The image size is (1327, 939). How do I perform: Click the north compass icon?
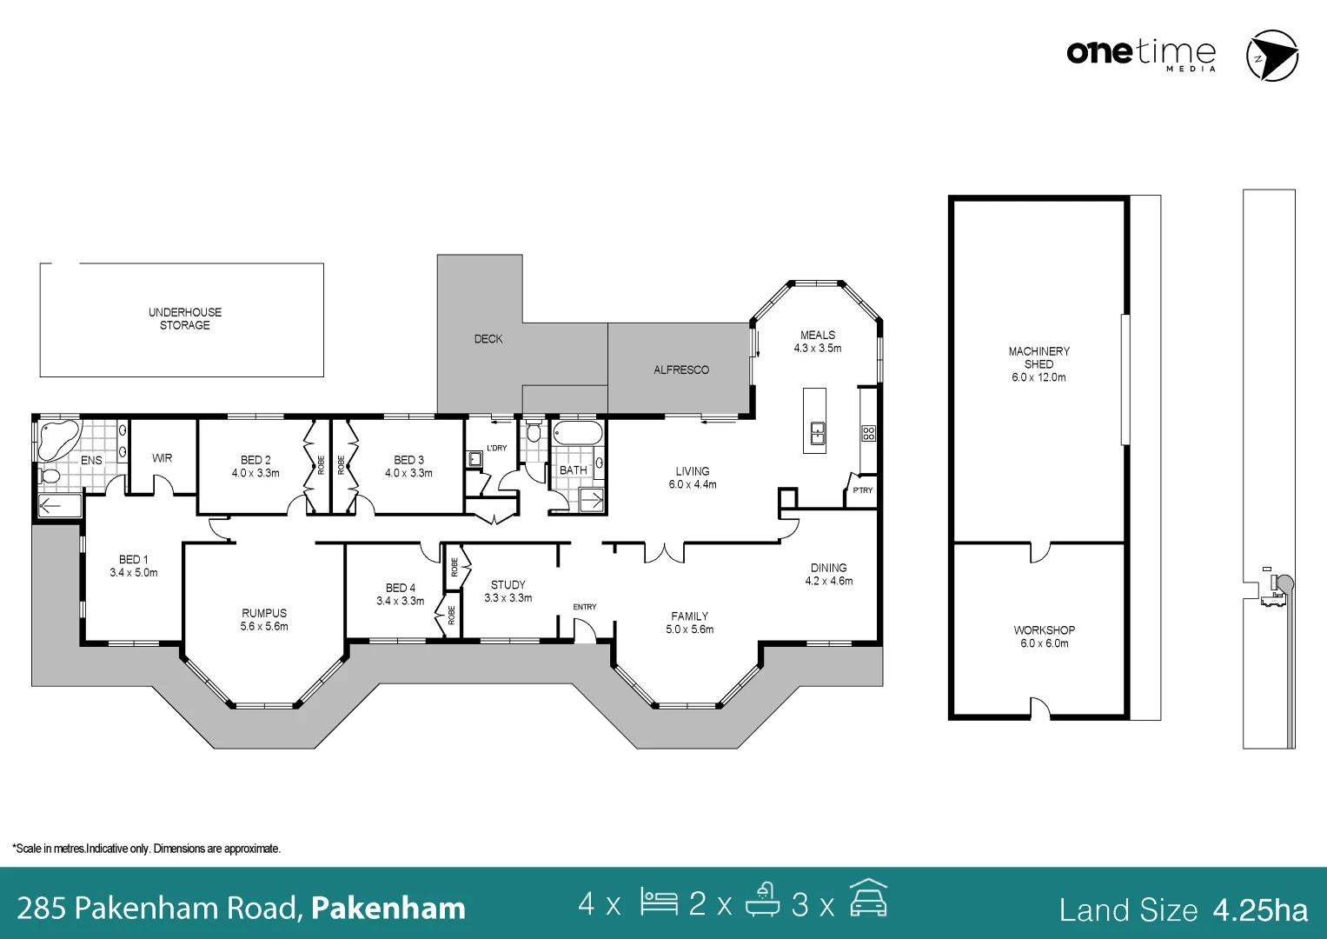[x=1271, y=56]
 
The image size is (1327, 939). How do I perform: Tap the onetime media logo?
[x=1141, y=54]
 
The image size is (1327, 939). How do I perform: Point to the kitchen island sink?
[x=817, y=432]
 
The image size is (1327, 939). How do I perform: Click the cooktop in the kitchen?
[x=868, y=433]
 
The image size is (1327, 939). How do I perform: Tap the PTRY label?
[x=862, y=490]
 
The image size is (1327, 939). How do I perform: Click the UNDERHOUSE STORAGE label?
[x=184, y=318]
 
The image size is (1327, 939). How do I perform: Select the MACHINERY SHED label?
[x=1038, y=357]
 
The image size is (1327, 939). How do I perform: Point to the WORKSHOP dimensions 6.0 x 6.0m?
[x=1044, y=643]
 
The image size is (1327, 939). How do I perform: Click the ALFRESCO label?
[x=680, y=370]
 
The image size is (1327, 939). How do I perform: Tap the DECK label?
[x=488, y=339]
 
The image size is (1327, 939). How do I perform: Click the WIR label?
[x=162, y=458]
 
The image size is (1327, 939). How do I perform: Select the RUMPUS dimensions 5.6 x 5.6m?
[x=264, y=626]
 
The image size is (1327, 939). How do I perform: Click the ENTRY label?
[x=584, y=607]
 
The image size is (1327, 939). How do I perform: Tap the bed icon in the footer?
[x=659, y=902]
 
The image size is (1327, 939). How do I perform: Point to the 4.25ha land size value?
[x=1260, y=909]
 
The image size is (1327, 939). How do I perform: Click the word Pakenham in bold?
[x=388, y=908]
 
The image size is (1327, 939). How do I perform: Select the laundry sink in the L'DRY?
[x=474, y=458]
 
